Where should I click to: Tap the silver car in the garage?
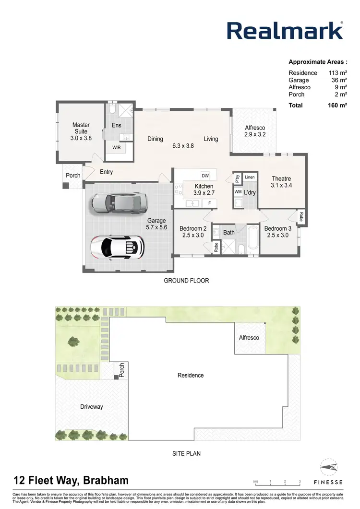click(x=117, y=203)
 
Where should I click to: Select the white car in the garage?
click(x=118, y=247)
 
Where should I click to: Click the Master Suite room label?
click(x=81, y=131)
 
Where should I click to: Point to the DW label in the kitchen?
click(x=205, y=176)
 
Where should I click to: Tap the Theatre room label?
click(x=281, y=182)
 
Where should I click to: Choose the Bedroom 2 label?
click(x=193, y=232)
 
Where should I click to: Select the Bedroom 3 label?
click(x=277, y=232)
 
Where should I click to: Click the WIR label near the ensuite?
click(x=117, y=148)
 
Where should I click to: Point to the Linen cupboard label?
click(x=250, y=178)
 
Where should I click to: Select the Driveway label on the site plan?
click(x=91, y=407)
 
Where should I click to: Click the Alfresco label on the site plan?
click(x=249, y=338)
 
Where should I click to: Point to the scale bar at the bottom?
click(x=277, y=481)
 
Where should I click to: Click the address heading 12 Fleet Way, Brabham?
click(x=71, y=480)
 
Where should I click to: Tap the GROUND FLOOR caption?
click(x=187, y=281)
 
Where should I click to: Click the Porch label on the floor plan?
click(x=73, y=176)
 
